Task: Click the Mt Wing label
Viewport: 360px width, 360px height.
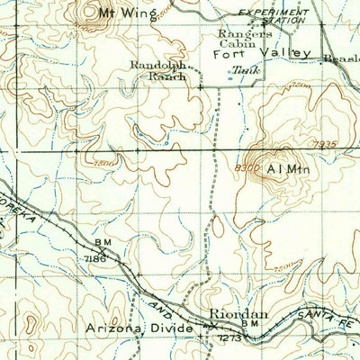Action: [x=126, y=13]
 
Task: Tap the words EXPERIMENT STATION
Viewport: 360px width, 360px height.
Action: [x=274, y=17]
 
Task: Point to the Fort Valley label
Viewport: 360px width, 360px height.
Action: [x=262, y=54]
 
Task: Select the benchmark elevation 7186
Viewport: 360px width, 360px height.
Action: [x=98, y=257]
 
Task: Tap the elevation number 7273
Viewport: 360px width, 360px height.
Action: [x=229, y=337]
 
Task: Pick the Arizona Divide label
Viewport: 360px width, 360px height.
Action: [x=139, y=329]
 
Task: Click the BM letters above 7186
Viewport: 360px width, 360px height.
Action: [x=98, y=245]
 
